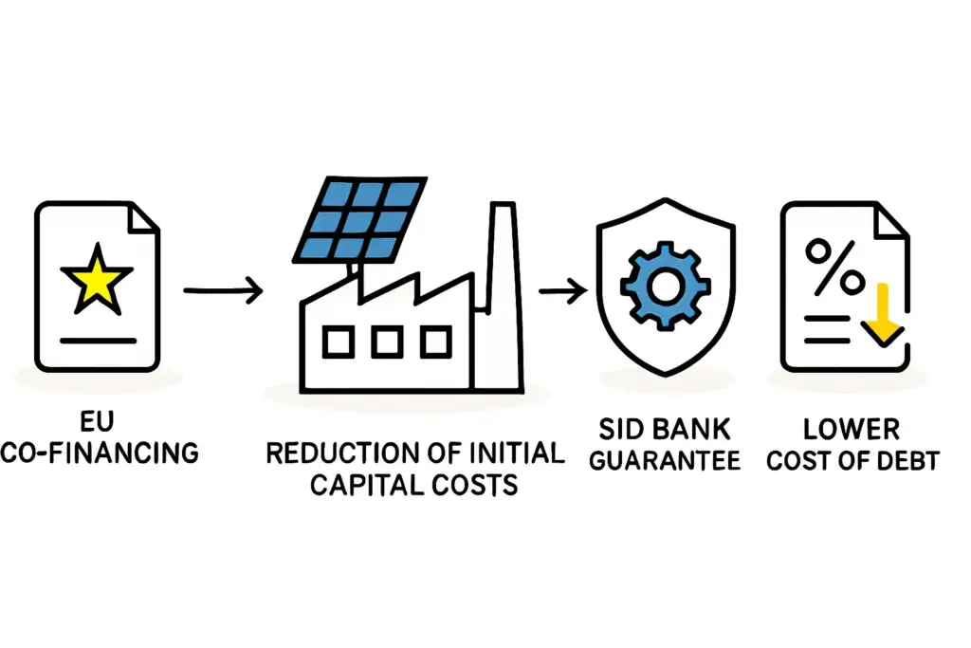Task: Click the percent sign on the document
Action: coord(834,267)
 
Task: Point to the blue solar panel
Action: coord(358,221)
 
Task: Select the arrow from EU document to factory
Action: coord(223,291)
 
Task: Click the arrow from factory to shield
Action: coord(561,291)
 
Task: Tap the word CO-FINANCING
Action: coord(101,453)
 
